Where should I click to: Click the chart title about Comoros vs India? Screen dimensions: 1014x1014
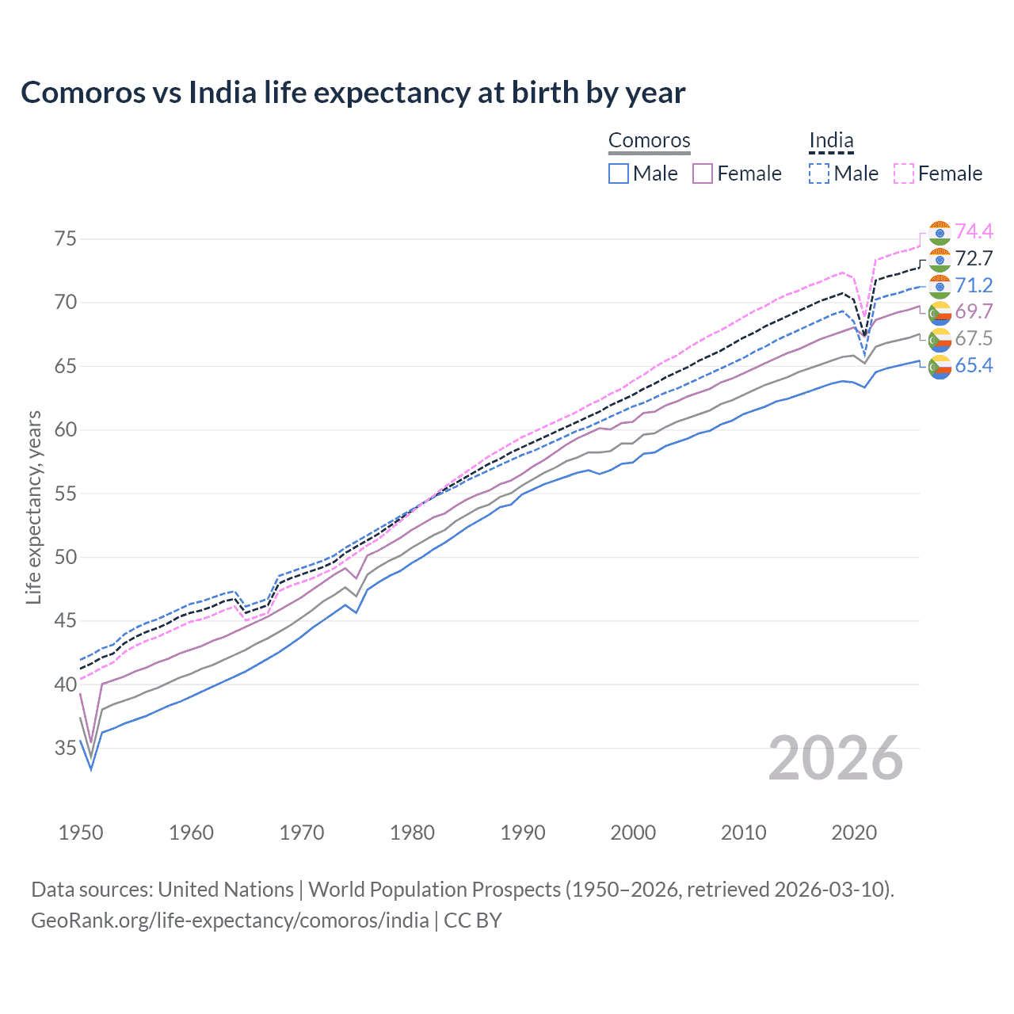point(353,93)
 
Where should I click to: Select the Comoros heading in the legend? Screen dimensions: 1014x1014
point(649,140)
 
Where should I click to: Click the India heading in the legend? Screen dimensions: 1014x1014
point(831,140)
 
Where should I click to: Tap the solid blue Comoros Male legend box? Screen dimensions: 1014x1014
point(619,173)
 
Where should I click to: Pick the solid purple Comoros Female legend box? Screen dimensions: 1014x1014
point(703,173)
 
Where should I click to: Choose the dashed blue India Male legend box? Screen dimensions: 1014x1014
point(819,173)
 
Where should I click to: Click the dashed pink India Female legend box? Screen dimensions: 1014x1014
point(904,173)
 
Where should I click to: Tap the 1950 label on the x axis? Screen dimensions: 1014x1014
point(81,833)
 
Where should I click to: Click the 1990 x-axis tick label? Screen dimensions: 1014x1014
point(523,833)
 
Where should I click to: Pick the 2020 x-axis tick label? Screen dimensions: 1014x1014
point(854,833)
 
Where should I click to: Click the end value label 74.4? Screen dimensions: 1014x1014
point(974,231)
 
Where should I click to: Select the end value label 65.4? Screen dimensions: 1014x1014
point(974,365)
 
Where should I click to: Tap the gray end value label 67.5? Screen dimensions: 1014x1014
point(974,338)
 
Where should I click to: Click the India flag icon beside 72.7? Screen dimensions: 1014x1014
point(940,259)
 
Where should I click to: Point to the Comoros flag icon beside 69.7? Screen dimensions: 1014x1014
point(940,313)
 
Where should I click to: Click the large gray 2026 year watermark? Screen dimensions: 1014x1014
point(836,758)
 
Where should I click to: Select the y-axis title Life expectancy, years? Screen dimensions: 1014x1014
point(33,507)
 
